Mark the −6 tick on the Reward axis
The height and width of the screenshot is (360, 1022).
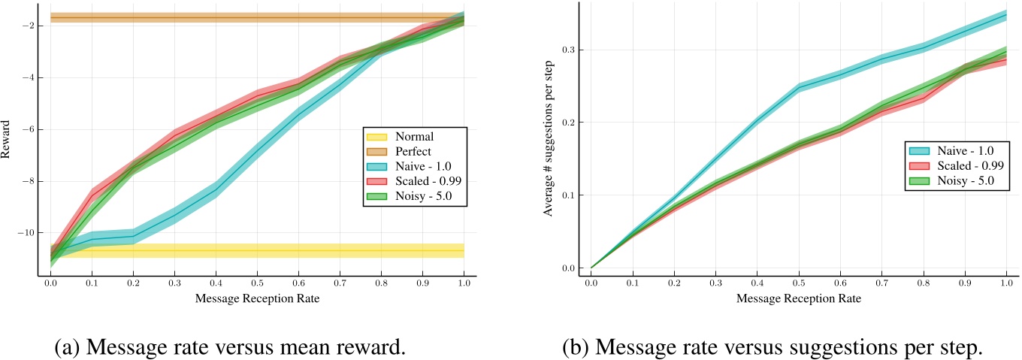point(28,129)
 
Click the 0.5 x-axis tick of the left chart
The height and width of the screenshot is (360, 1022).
point(257,284)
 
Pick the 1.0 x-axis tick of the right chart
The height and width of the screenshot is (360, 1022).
point(1005,284)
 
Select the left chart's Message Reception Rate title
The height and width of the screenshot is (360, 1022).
point(257,298)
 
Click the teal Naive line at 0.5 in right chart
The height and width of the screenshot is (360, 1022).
point(799,87)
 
